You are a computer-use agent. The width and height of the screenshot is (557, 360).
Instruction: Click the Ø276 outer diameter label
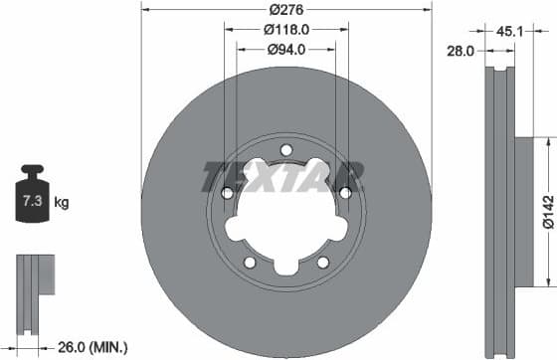click(x=286, y=9)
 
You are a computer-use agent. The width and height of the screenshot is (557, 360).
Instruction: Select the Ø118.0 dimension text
click(x=286, y=29)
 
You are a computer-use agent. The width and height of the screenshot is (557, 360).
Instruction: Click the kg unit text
click(x=61, y=204)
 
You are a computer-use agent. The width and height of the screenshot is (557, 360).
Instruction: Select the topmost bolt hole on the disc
click(x=286, y=150)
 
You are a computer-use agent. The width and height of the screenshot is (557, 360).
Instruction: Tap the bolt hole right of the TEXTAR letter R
click(x=345, y=192)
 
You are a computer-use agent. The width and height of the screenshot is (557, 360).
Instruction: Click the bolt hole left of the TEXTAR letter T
click(x=227, y=192)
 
